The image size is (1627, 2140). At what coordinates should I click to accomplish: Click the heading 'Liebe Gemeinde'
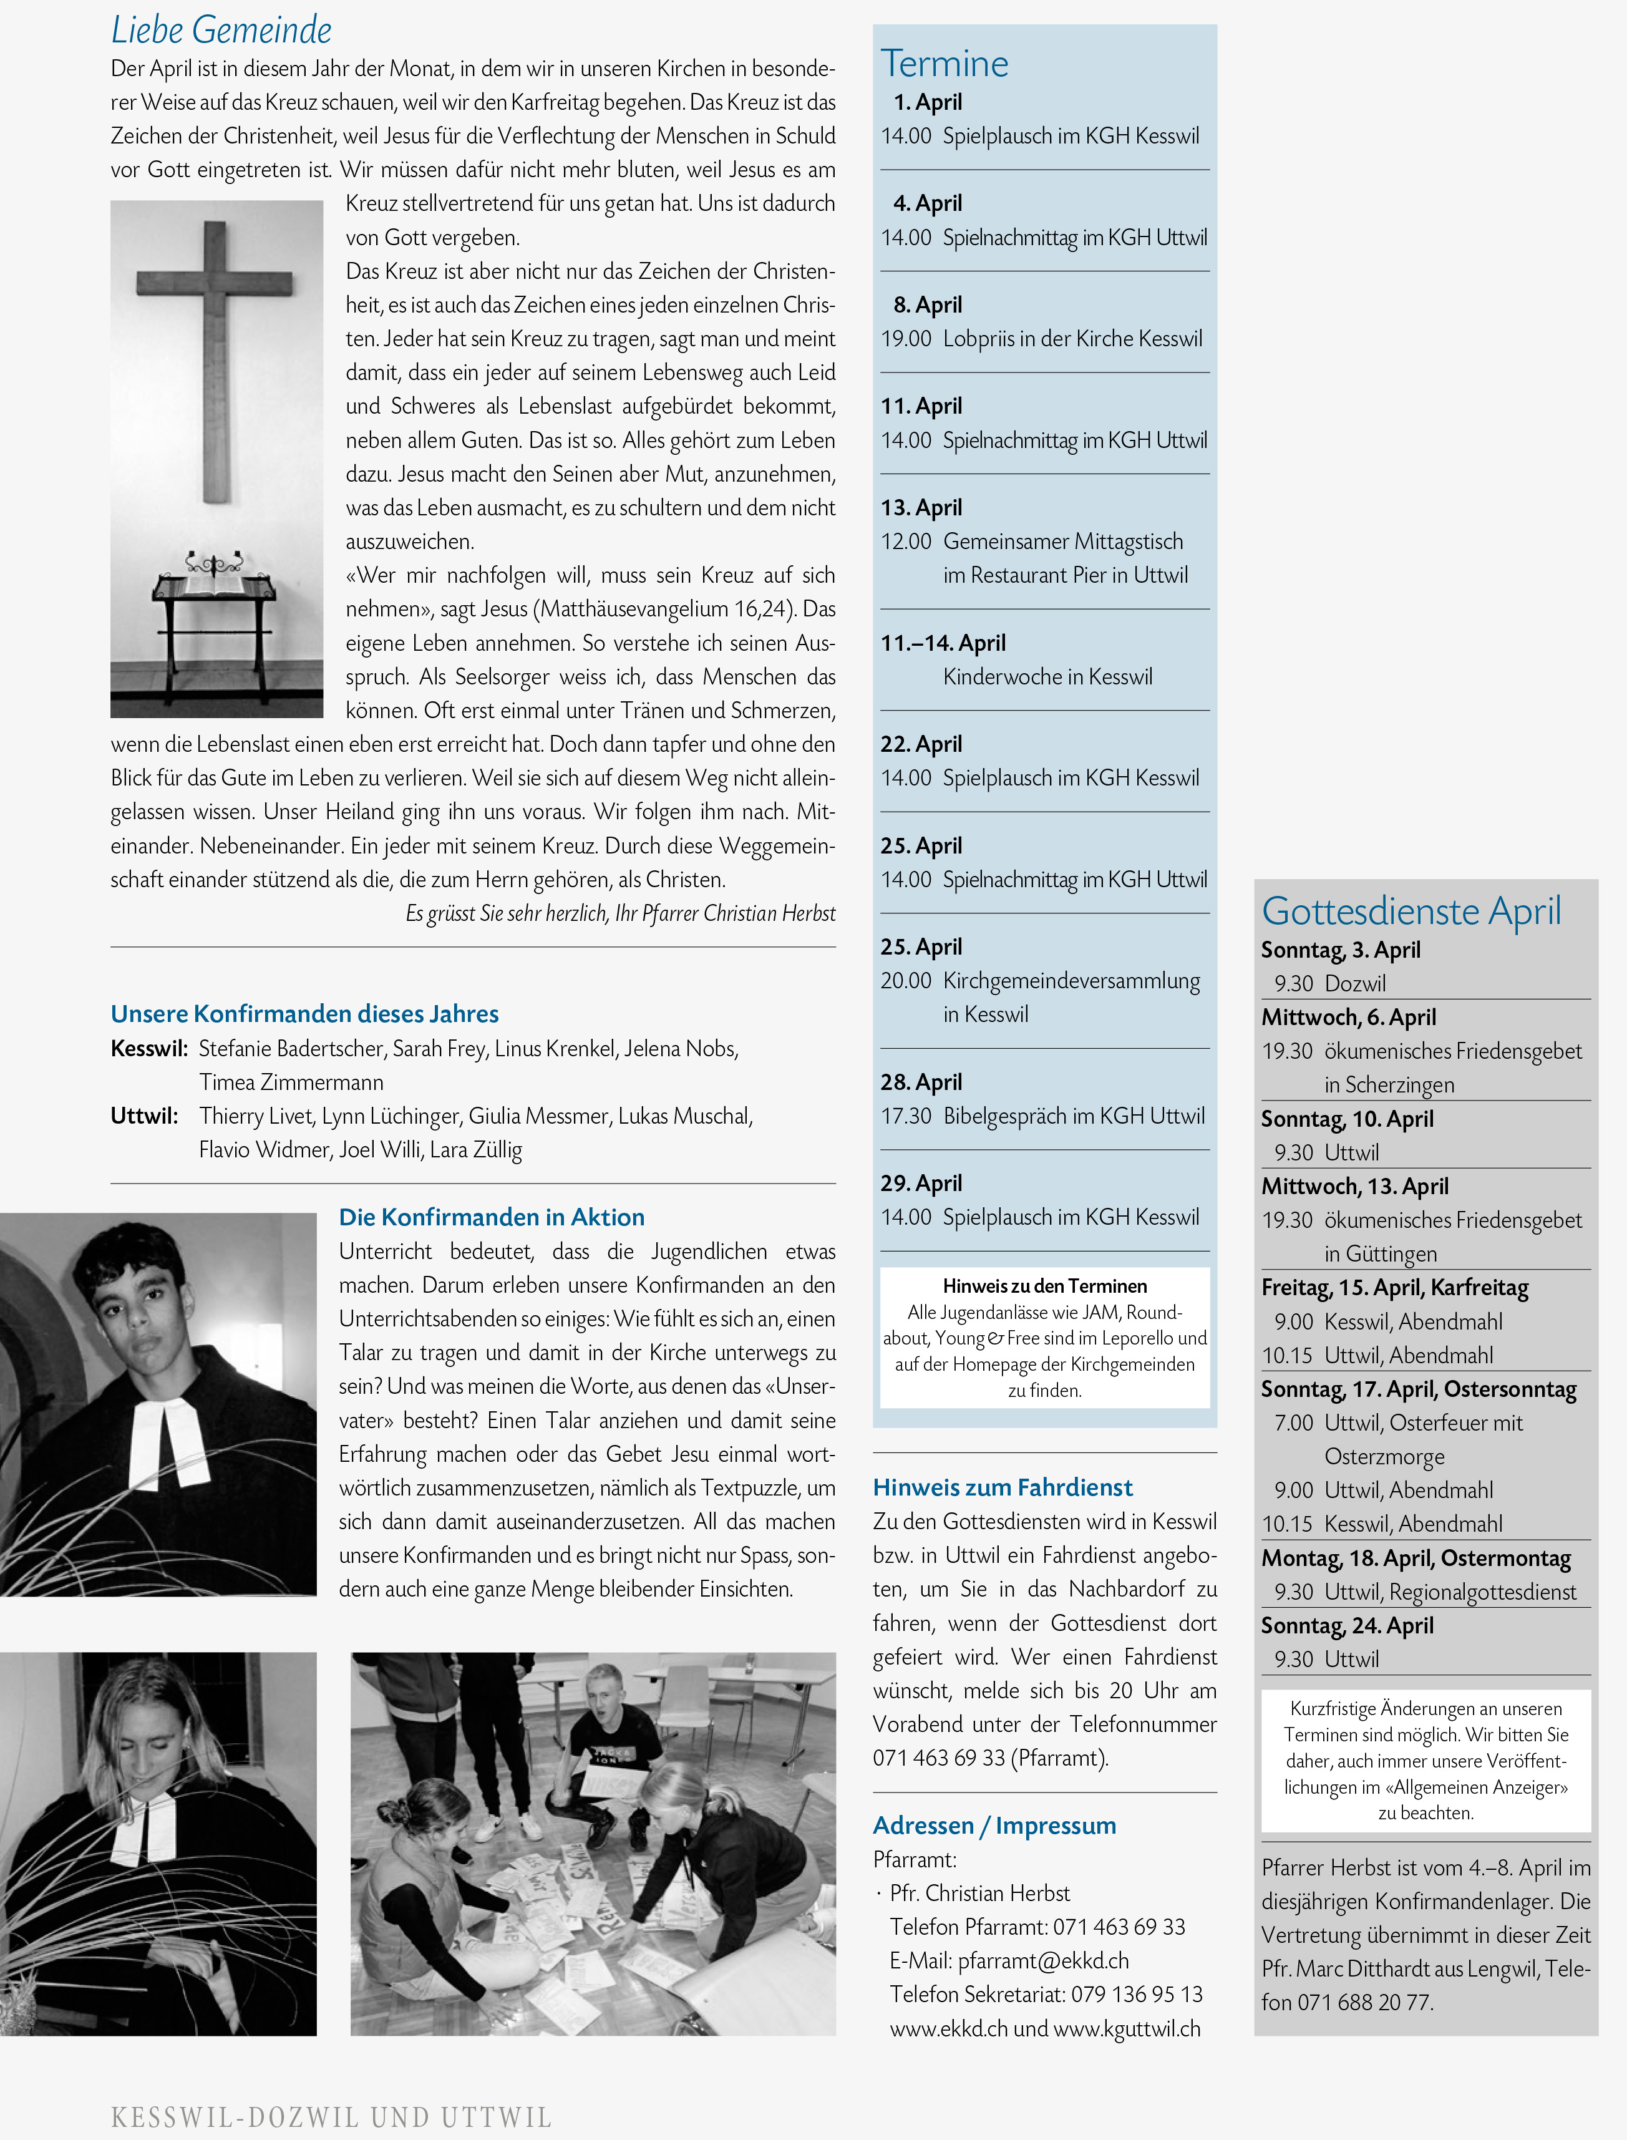pos(221,30)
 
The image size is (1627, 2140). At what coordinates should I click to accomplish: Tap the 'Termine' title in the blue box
pos(945,64)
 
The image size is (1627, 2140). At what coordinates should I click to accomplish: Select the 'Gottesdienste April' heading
pos(1411,911)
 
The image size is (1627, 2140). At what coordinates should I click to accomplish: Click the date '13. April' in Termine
pos(921,507)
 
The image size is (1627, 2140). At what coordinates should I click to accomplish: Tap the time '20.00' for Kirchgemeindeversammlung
pos(905,981)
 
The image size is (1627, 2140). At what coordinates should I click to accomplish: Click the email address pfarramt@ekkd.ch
pos(1043,1961)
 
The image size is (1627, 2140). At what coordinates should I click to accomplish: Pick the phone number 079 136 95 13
pos(1136,1995)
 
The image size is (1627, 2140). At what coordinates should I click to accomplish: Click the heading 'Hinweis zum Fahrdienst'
pos(1003,1487)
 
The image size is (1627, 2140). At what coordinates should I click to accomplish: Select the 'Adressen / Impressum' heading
pos(994,1826)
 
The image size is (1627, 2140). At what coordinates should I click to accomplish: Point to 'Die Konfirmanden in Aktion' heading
pos(491,1217)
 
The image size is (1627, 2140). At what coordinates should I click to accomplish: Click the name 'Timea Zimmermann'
pos(291,1082)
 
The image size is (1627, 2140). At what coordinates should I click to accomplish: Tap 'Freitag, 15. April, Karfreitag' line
pos(1394,1288)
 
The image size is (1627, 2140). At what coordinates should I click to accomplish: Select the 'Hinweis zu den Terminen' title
pos(1044,1286)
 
